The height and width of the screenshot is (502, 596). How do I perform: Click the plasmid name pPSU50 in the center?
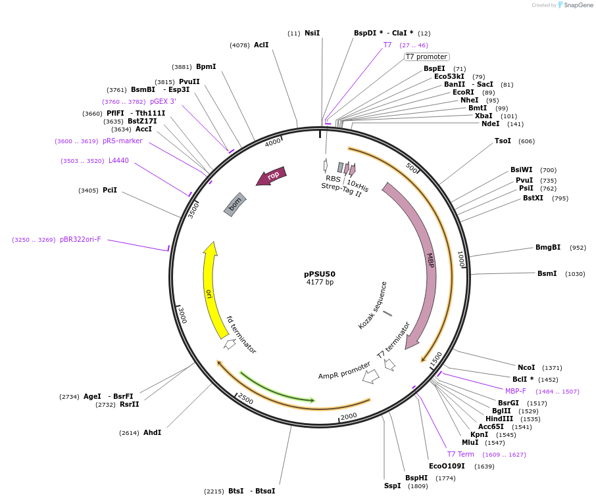pyautogui.click(x=320, y=274)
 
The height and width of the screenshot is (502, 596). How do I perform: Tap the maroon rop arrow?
pyautogui.click(x=272, y=175)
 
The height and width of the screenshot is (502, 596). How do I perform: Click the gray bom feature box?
pyautogui.click(x=235, y=205)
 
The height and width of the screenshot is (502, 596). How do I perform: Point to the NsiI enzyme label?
pyautogui.click(x=312, y=33)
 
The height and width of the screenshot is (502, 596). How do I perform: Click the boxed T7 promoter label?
pyautogui.click(x=426, y=57)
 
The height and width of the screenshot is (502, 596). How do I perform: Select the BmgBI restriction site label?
pyautogui.click(x=547, y=248)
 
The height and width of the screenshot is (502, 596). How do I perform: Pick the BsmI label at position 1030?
pyautogui.click(x=547, y=274)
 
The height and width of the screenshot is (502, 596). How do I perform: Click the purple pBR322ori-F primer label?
pyautogui.click(x=80, y=240)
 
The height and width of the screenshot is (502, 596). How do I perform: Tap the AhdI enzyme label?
pyautogui.click(x=152, y=432)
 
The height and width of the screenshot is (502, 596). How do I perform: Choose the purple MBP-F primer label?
pyautogui.click(x=516, y=391)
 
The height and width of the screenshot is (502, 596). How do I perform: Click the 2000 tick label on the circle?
pyautogui.click(x=349, y=415)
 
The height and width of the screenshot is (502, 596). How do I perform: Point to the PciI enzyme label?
pyautogui.click(x=110, y=191)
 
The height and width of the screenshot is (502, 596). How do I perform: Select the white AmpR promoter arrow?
pyautogui.click(x=371, y=376)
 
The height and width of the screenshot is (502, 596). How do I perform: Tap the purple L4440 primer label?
pyautogui.click(x=118, y=161)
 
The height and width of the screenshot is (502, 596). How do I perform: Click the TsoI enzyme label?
pyautogui.click(x=503, y=141)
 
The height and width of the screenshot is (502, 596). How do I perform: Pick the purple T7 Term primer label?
pyautogui.click(x=460, y=454)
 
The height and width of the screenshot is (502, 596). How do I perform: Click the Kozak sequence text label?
pyautogui.click(x=372, y=306)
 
